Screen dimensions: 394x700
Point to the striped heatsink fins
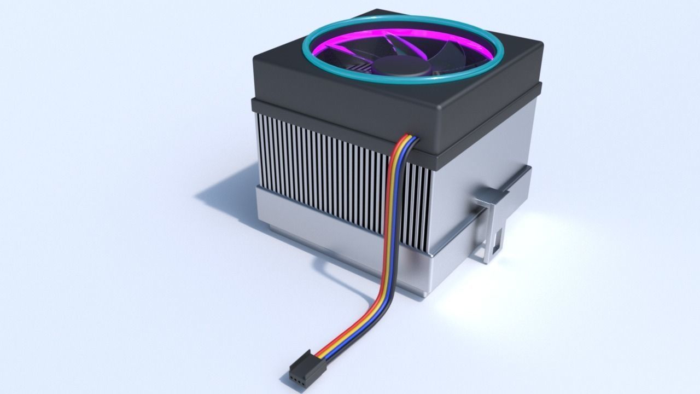[328, 164]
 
